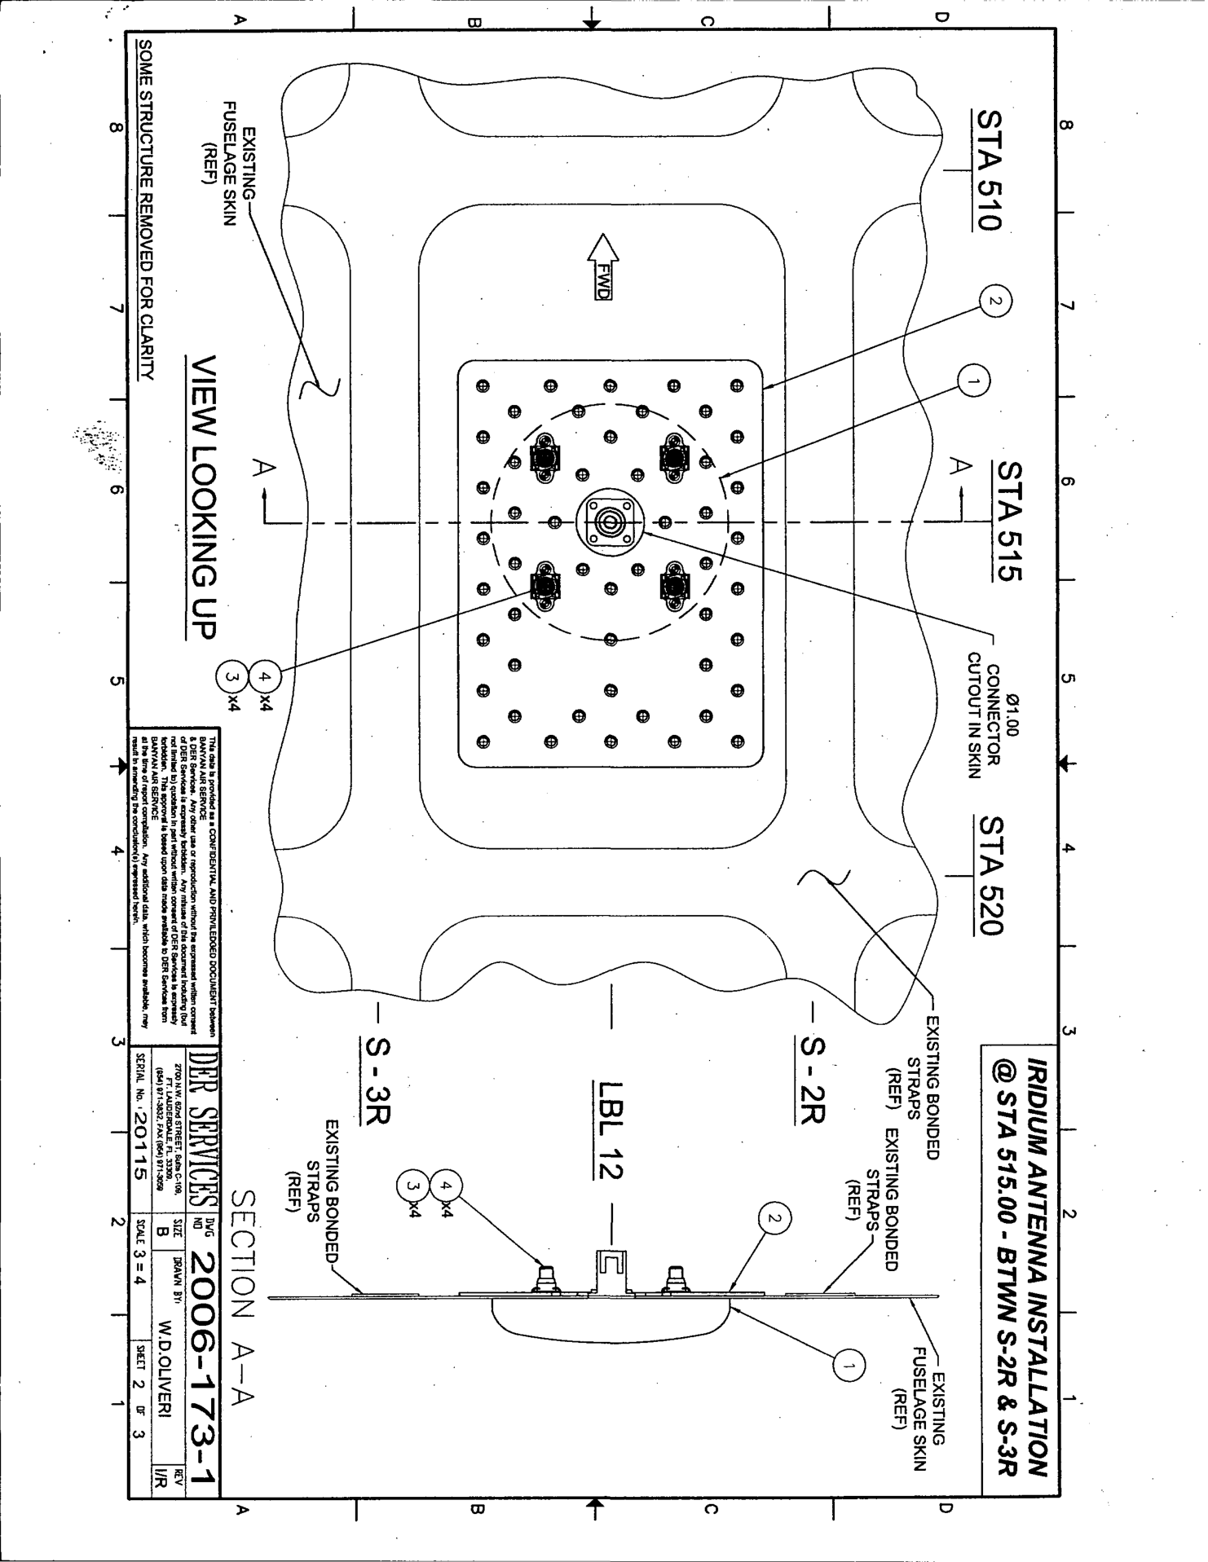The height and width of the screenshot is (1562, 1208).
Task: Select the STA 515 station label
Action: pyautogui.click(x=1009, y=521)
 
